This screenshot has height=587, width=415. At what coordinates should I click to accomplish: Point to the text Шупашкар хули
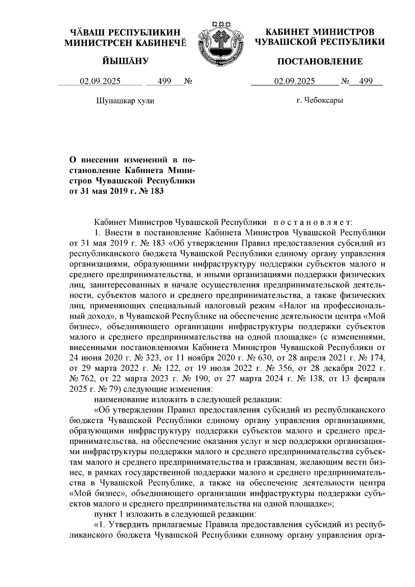[x=124, y=101]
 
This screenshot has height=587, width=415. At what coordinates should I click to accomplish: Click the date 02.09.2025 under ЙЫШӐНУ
[x=100, y=82]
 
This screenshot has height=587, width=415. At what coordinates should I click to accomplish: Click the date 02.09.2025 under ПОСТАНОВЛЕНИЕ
[x=295, y=82]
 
